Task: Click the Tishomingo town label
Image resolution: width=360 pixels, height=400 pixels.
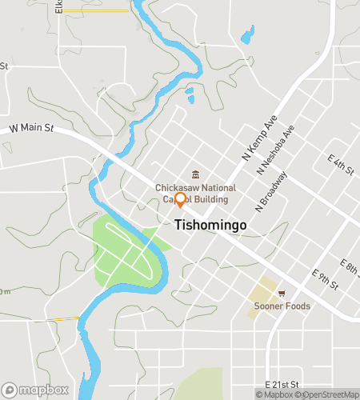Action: [x=210, y=226]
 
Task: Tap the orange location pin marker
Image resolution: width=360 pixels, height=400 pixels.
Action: [x=180, y=200]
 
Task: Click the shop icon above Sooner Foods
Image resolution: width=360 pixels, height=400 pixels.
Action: [x=281, y=293]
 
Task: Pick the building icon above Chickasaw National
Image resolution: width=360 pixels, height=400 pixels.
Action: [x=194, y=176]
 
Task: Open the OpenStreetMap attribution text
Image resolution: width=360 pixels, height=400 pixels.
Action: [x=328, y=394]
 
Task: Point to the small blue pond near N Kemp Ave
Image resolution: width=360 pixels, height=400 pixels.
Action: [x=190, y=100]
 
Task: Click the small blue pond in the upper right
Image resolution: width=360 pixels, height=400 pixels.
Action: [x=247, y=36]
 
